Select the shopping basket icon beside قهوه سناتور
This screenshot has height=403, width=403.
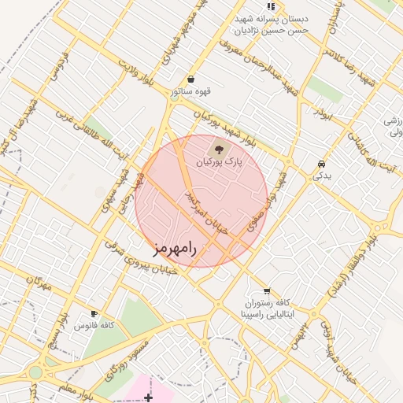pyautogui.click(x=191, y=79)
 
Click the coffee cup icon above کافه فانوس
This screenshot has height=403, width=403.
pyautogui.click(x=94, y=312)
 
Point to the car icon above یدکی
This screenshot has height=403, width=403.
pyautogui.click(x=321, y=164)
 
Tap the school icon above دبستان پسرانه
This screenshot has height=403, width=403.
pyautogui.click(x=272, y=6)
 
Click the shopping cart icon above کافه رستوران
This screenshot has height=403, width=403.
pyautogui.click(x=267, y=290)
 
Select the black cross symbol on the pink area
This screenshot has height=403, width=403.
pyautogui.click(x=148, y=398)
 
